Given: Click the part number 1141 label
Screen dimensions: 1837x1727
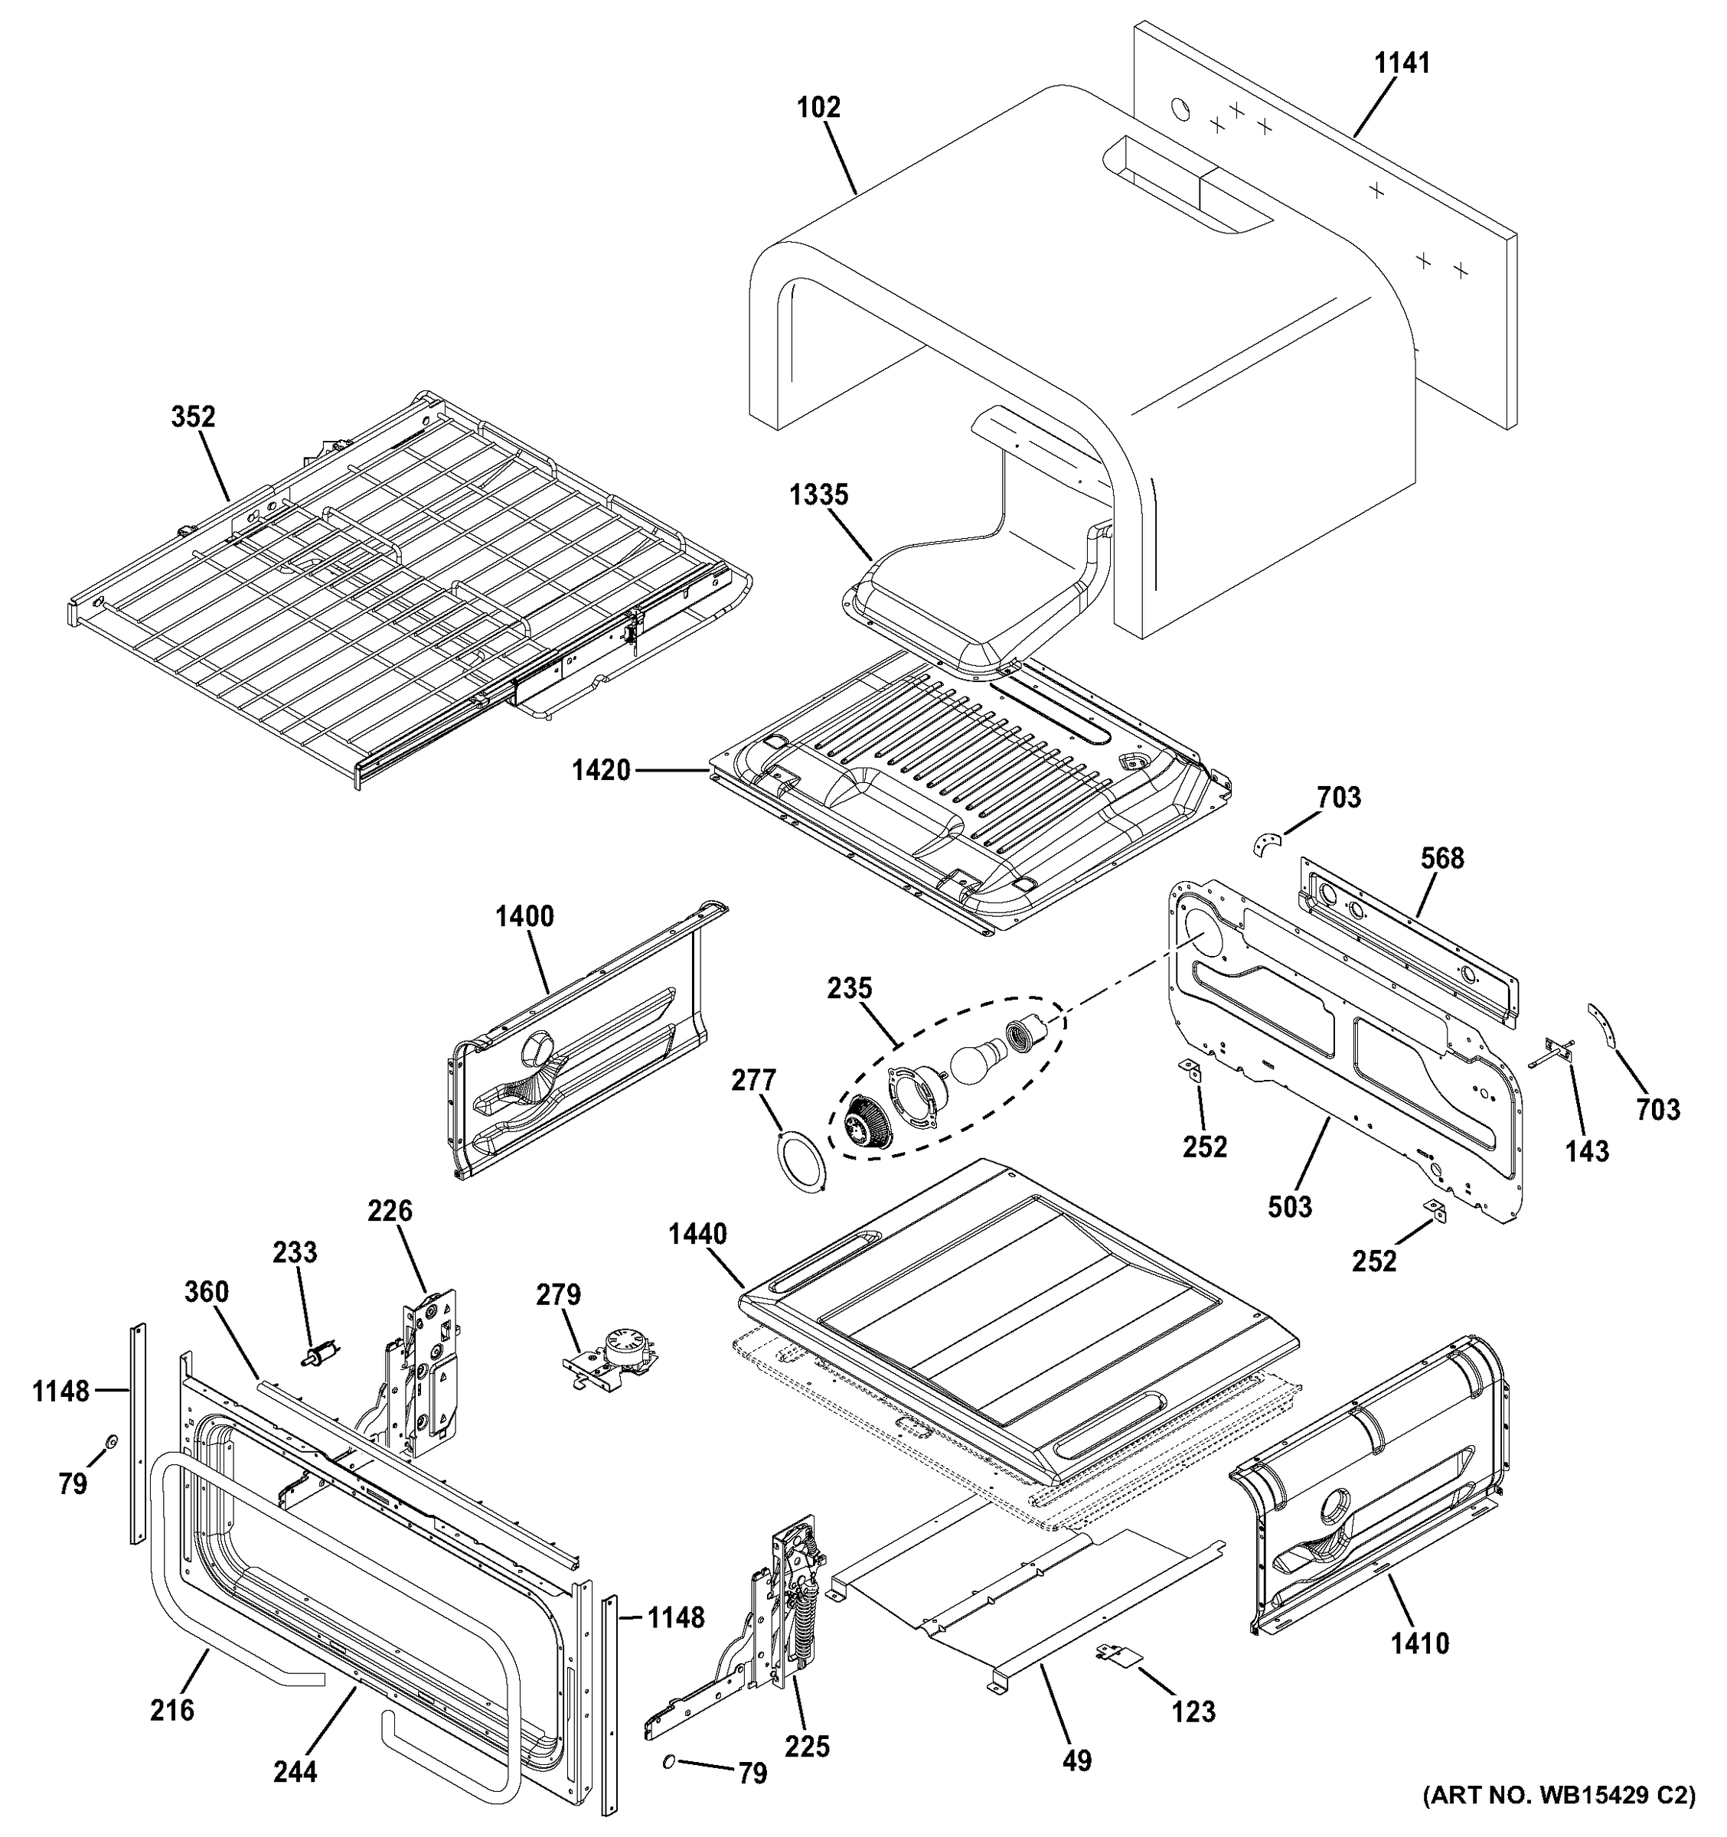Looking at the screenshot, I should [1402, 64].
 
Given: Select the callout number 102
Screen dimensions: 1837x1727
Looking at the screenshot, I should [818, 108].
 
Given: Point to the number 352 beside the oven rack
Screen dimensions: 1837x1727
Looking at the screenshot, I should [193, 418].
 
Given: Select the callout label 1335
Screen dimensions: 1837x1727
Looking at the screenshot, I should [818, 495].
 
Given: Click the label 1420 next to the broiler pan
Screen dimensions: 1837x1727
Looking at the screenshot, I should [601, 770].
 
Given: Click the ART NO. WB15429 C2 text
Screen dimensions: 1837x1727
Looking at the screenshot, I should [1558, 1820].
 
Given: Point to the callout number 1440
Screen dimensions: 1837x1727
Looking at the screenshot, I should [697, 1234].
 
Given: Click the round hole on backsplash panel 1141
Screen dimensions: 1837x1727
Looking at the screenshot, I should [1181, 109].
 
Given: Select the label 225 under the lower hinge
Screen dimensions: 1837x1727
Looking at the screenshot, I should [807, 1747].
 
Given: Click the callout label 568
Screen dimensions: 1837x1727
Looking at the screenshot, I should [1441, 859].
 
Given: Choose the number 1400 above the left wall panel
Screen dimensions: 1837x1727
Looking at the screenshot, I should [524, 917].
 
